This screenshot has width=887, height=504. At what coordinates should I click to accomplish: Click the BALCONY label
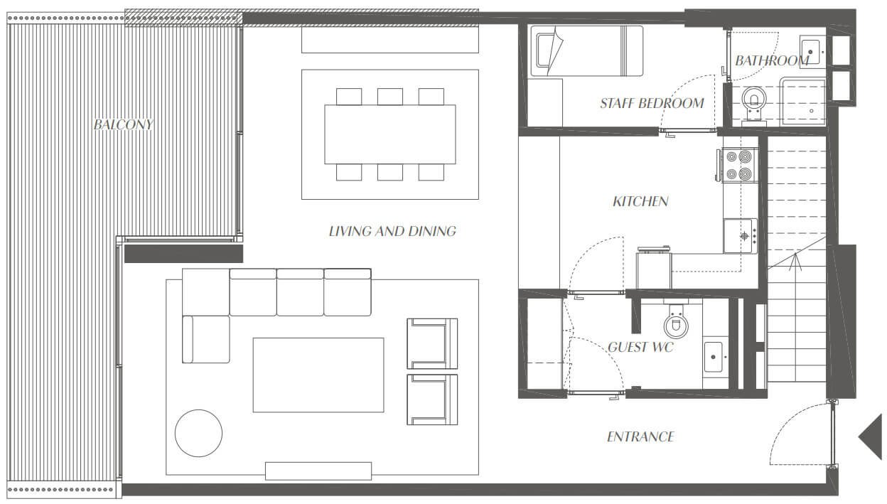point(123,124)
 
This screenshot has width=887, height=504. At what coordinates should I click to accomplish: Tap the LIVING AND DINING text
point(392,231)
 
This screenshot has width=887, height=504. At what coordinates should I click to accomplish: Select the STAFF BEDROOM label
point(652,103)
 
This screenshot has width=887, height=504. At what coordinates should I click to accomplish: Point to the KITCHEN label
point(640,201)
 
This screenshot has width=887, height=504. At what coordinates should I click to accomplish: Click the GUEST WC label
point(640,347)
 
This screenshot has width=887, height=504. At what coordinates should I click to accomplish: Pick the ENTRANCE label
point(640,436)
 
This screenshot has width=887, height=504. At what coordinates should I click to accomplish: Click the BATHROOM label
point(772,60)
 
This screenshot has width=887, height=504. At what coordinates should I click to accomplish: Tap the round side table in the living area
point(198,433)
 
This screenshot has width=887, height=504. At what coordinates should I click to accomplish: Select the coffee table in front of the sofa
point(318,375)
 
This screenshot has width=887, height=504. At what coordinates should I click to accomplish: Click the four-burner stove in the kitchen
point(739,165)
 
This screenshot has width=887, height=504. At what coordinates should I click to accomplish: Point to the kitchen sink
point(741,236)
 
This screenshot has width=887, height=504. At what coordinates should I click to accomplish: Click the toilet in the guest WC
point(676,321)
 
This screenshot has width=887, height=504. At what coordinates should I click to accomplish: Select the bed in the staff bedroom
point(586,50)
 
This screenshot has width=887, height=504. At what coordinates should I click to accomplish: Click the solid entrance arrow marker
point(871,437)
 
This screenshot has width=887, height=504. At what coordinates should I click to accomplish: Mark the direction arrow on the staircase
point(795,262)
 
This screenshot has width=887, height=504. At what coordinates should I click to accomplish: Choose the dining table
point(390,134)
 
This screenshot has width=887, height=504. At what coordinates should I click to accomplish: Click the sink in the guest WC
point(713,357)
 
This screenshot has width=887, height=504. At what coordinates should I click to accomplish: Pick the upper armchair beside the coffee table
point(432,343)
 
